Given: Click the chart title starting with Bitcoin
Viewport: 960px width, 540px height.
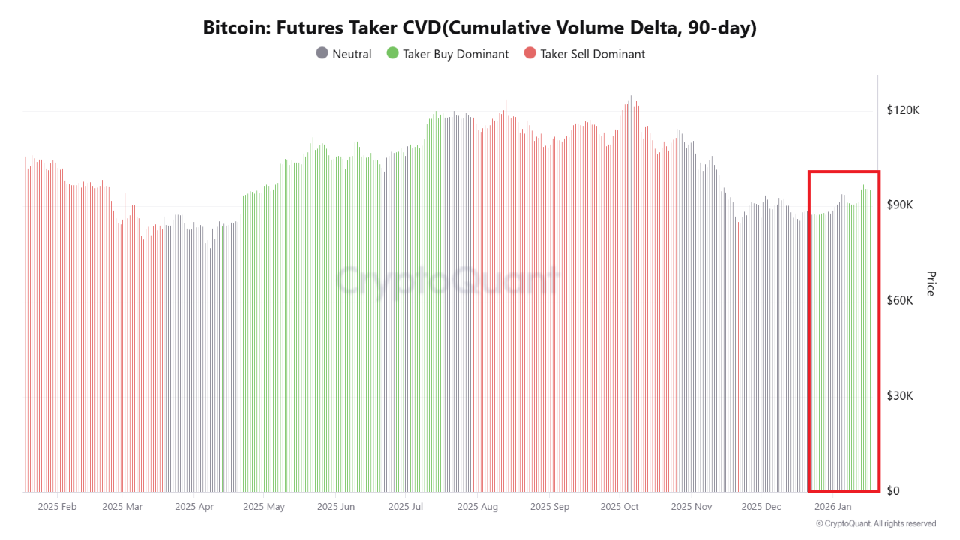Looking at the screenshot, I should tap(480, 28).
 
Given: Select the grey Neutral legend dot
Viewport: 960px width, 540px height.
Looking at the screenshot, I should tap(322, 54).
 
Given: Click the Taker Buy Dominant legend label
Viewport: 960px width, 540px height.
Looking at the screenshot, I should tap(455, 54).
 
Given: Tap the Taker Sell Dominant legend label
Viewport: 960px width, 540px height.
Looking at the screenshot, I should tap(592, 54).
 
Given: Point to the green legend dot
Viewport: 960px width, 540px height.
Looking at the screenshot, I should tap(391, 54).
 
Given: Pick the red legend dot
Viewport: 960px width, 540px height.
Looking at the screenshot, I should tap(529, 54).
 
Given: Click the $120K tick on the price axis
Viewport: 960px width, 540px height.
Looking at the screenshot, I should tap(903, 110).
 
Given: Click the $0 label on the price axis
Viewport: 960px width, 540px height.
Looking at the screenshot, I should tap(894, 491).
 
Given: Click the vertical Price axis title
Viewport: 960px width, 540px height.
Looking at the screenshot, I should tap(931, 283).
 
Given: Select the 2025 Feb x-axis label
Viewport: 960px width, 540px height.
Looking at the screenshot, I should tap(57, 507).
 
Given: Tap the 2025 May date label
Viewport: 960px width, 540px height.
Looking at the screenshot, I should tap(264, 507).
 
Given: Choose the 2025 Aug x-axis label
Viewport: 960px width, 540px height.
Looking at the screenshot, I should tap(477, 507).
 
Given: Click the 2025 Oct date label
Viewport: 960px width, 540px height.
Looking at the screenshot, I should tap(619, 507).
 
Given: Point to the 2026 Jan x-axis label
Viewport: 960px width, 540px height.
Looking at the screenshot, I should tap(832, 507).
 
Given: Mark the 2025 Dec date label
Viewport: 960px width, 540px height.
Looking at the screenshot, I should tap(761, 507).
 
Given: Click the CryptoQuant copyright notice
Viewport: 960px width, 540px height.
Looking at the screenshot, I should tap(876, 524).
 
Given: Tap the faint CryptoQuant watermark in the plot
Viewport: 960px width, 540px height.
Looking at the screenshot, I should tap(447, 281).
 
